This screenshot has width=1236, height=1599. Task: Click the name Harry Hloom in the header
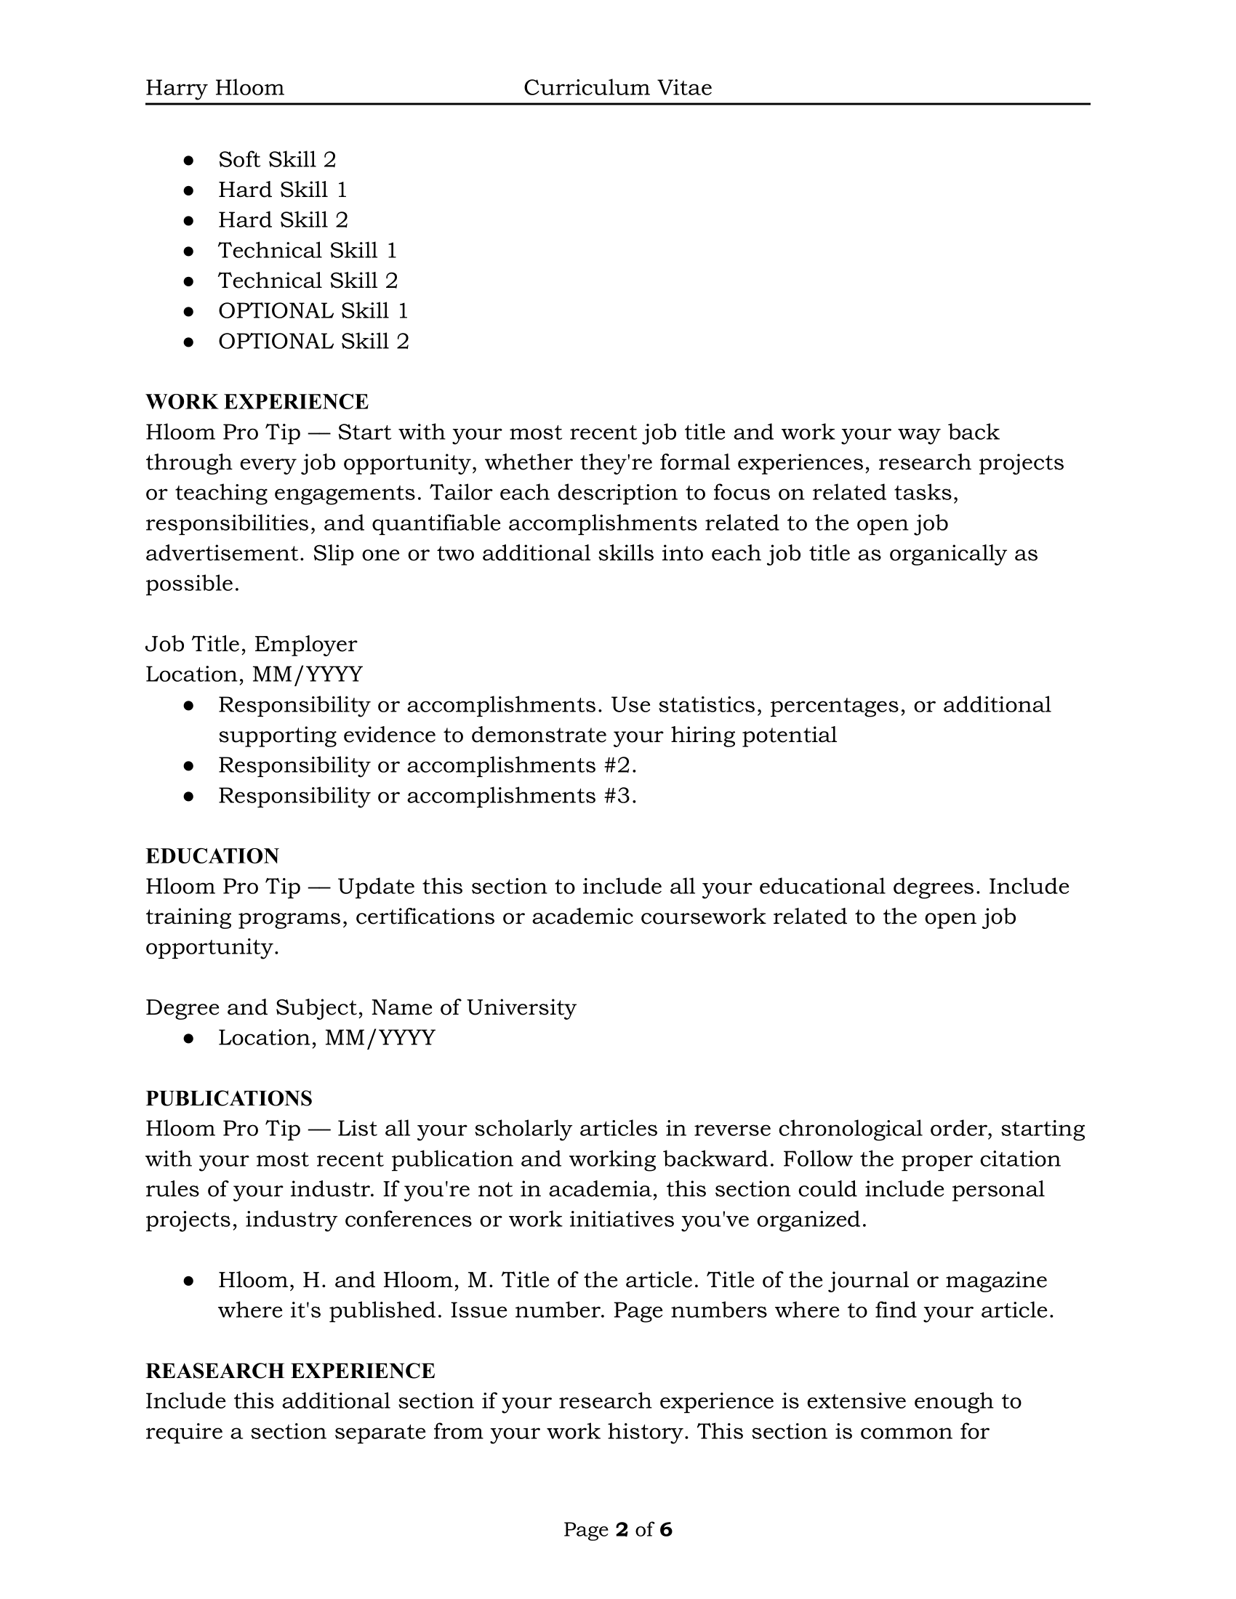coord(214,88)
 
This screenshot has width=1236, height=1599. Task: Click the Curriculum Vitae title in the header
coord(617,88)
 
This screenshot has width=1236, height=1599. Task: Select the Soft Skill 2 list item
coord(277,160)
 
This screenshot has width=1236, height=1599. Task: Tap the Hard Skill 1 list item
coord(282,190)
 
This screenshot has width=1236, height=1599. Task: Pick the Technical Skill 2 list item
coord(308,281)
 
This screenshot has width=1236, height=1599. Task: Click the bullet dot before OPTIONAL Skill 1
coord(189,311)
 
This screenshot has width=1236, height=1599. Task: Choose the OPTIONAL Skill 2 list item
coord(313,341)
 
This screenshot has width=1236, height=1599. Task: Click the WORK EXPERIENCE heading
coord(257,402)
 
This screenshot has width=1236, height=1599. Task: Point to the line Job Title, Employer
coord(251,644)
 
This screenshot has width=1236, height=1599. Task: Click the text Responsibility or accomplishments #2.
coord(427,765)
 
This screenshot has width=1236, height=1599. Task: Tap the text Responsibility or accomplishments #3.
coord(427,796)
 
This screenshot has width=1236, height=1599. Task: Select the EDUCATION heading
coord(212,856)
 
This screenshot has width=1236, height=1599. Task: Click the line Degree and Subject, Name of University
coord(360,1007)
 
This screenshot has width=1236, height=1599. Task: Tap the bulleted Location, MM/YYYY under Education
coord(326,1038)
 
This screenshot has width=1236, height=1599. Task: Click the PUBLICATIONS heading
coord(228,1098)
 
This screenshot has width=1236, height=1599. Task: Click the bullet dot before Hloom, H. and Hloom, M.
coord(189,1281)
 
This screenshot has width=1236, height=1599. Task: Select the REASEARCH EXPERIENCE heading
coord(290,1371)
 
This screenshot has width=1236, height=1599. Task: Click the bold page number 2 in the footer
coord(622,1529)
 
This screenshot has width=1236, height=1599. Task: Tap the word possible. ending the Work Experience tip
coord(192,584)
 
